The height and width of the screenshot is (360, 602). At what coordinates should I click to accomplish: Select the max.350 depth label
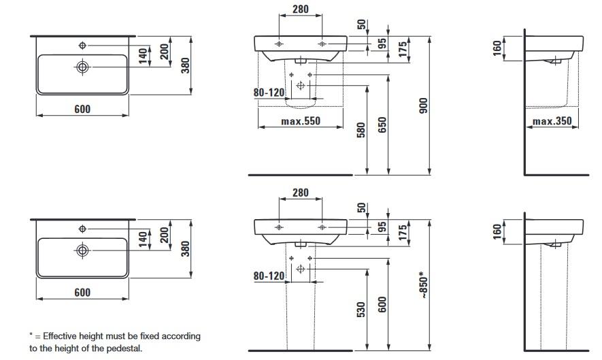552,122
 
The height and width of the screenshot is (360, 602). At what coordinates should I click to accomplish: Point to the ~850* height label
422,285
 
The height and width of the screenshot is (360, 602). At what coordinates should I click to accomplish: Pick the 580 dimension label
362,130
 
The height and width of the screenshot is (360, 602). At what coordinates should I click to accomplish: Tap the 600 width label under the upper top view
82,109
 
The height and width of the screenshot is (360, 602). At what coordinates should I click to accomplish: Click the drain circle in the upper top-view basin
82,67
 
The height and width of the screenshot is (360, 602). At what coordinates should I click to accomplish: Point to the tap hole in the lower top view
82,227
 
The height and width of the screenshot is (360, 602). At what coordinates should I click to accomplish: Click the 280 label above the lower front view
300,193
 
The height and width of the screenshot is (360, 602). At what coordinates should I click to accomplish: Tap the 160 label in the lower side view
497,232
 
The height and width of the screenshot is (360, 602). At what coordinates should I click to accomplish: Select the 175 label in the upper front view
403,50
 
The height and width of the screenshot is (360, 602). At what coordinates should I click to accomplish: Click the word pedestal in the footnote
125,349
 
